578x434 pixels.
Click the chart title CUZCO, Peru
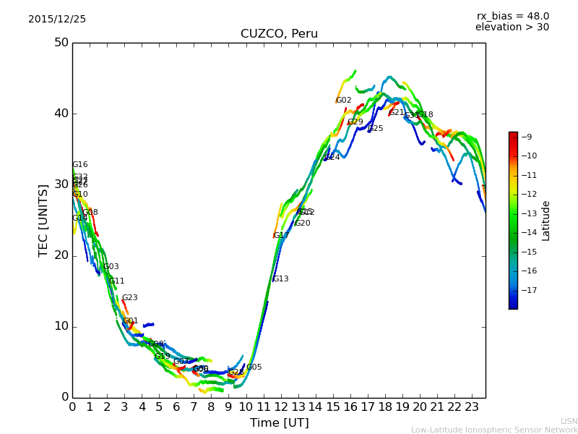(x=279, y=34)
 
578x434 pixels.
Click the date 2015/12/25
(x=57, y=20)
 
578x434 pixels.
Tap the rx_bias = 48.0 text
(x=512, y=17)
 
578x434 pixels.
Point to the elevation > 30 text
(x=512, y=27)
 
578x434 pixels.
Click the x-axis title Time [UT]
(x=279, y=422)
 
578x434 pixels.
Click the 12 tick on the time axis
(x=280, y=407)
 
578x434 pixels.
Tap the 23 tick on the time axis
(x=472, y=407)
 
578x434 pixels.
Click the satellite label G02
(x=344, y=101)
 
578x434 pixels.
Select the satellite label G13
(x=280, y=279)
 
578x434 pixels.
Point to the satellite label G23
(x=129, y=298)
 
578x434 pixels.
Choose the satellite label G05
(x=254, y=367)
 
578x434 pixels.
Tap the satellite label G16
(x=79, y=165)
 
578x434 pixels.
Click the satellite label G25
(x=376, y=129)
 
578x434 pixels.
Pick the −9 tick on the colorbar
(x=527, y=137)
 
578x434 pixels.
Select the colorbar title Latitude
(x=546, y=221)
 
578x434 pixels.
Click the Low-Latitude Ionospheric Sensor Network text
(x=494, y=430)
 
